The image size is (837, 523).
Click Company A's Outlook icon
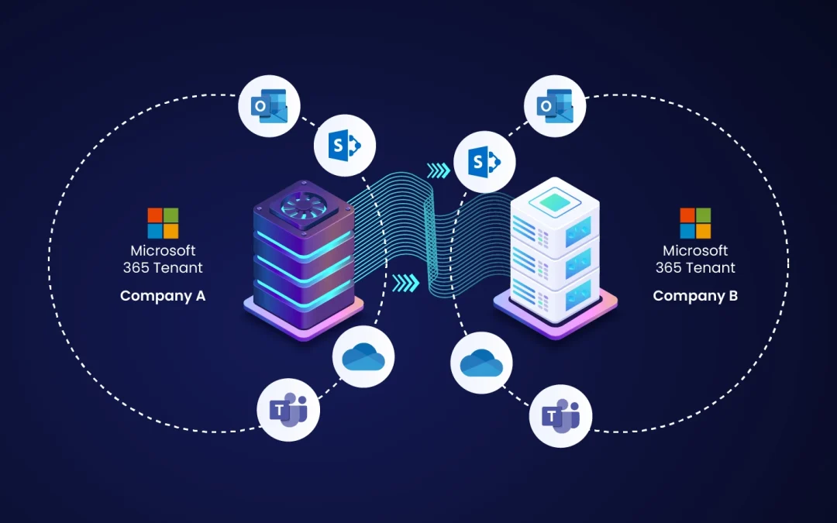(269, 106)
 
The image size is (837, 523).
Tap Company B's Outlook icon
(555, 106)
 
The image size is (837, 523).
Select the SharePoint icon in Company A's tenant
(345, 145)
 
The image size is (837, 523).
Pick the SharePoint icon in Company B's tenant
(484, 162)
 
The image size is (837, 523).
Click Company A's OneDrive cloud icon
(363, 357)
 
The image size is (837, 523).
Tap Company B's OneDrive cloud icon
(481, 363)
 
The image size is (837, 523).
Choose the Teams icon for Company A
(288, 410)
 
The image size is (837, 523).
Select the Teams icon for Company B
(560, 416)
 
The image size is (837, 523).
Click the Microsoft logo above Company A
(163, 223)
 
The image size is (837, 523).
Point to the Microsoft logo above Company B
(695, 223)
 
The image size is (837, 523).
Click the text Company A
(163, 296)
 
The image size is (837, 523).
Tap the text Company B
(695, 296)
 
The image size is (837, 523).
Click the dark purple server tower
(304, 260)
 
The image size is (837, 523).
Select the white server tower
(555, 257)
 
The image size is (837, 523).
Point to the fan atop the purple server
(303, 205)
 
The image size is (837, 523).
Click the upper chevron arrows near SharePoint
(439, 170)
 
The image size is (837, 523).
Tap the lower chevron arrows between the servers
(406, 284)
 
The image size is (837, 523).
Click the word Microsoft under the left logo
(163, 250)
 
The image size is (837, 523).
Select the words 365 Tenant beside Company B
(695, 267)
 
